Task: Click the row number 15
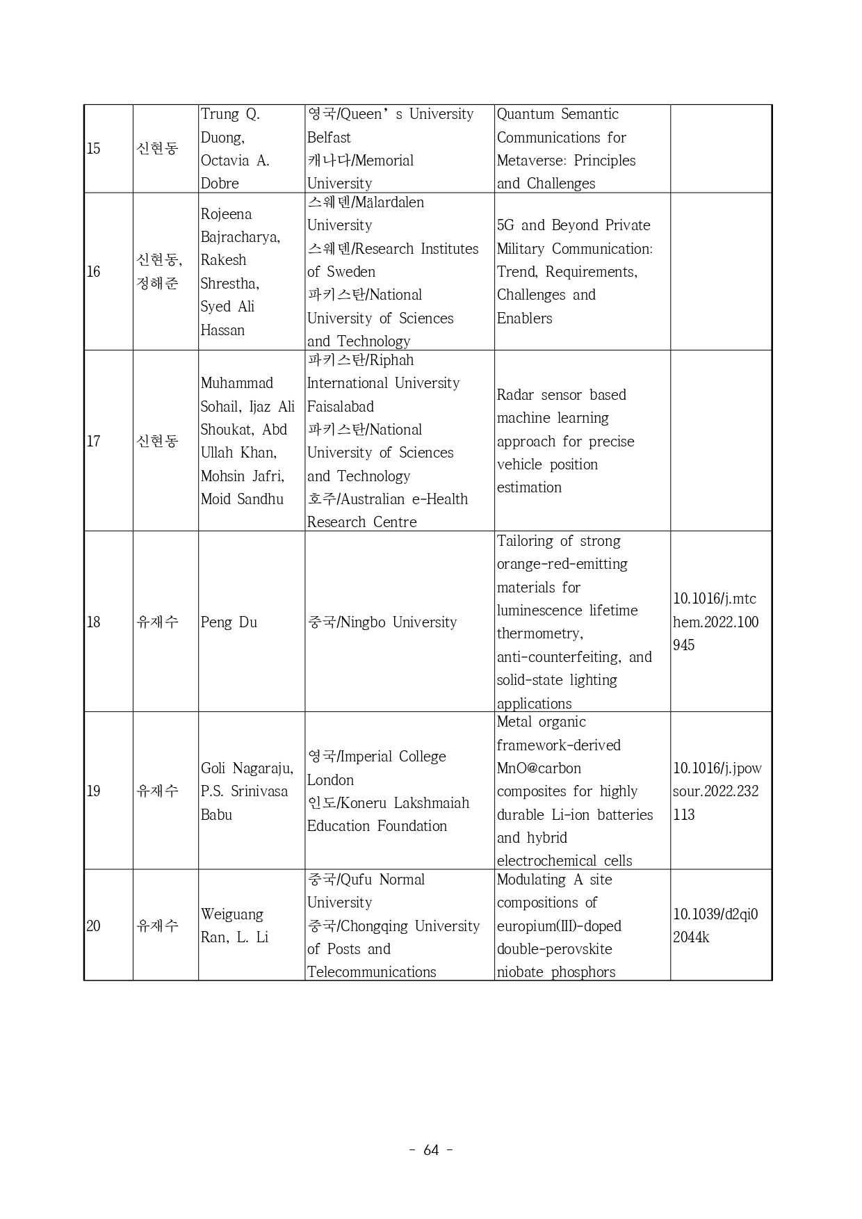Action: click(93, 149)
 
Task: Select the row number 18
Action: click(93, 622)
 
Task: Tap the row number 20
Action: click(93, 926)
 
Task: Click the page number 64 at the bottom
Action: click(431, 1150)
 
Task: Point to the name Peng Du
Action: click(229, 622)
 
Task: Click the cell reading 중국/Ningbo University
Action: click(382, 622)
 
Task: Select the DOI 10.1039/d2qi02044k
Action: click(715, 926)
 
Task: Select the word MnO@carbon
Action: click(539, 768)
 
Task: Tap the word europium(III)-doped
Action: click(559, 926)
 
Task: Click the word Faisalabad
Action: click(341, 407)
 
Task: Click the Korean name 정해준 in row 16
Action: click(158, 284)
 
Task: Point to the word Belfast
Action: click(329, 138)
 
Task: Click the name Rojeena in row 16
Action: click(226, 214)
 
